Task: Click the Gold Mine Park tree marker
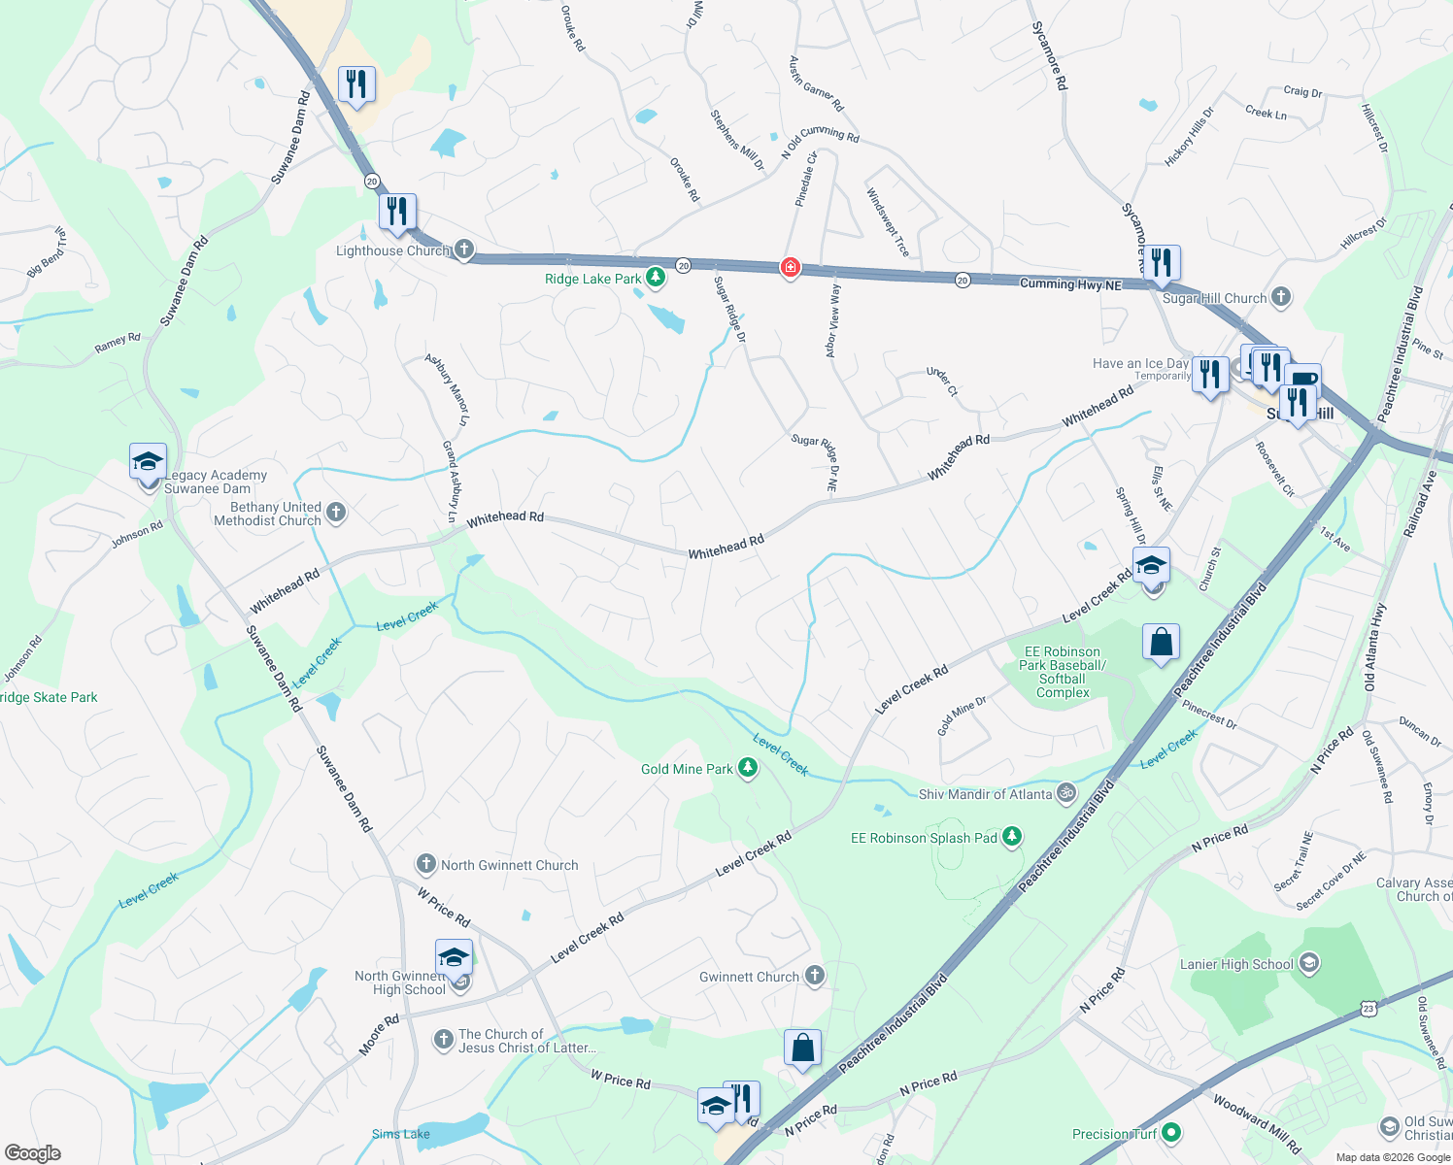tap(747, 769)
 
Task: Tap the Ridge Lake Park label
tap(592, 279)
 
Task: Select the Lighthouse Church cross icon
tap(464, 250)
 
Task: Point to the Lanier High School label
tap(1235, 964)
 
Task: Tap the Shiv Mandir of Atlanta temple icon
tap(1066, 793)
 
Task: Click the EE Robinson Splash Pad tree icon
tap(1012, 837)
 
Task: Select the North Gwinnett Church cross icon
tap(425, 864)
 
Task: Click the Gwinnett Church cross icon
tap(815, 976)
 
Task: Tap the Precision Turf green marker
tap(1171, 1133)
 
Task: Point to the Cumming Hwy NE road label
tap(1070, 283)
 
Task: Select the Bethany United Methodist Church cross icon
tap(336, 512)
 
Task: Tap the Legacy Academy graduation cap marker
tap(148, 462)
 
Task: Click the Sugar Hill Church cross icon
tap(1281, 297)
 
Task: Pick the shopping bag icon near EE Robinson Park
tap(1161, 643)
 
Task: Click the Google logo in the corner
tap(32, 1152)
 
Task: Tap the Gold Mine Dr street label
tap(962, 716)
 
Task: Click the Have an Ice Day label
tap(1140, 363)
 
